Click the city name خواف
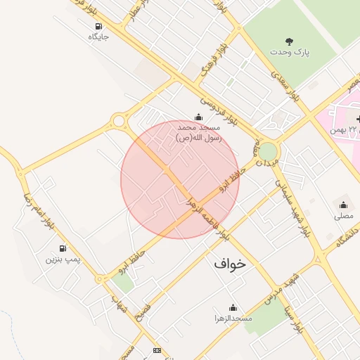[231, 264]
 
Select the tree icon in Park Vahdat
[289, 41]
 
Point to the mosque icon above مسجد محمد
[198, 117]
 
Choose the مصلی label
[344, 216]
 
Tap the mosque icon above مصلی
[344, 205]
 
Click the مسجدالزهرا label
[233, 319]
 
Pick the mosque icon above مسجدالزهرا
[233, 308]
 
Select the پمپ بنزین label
[63, 259]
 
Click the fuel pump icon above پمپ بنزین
[63, 248]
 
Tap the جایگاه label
[98, 37]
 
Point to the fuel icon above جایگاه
[98, 27]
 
